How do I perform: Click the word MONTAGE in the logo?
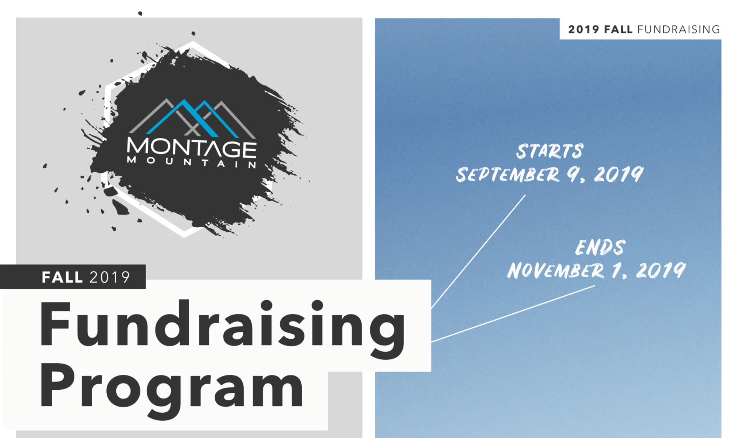192,148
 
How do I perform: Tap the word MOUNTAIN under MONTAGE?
192,163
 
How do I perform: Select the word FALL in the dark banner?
62,277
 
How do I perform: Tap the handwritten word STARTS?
550,151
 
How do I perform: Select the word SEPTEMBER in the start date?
508,175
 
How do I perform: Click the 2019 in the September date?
618,175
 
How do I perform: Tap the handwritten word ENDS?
600,247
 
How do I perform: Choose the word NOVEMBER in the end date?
555,270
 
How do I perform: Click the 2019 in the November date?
661,270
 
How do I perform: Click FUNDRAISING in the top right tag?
679,30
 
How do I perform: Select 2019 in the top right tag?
583,30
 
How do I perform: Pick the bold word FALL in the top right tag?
618,30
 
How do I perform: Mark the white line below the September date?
478,252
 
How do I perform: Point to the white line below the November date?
513,314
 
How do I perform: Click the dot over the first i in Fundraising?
266,306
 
